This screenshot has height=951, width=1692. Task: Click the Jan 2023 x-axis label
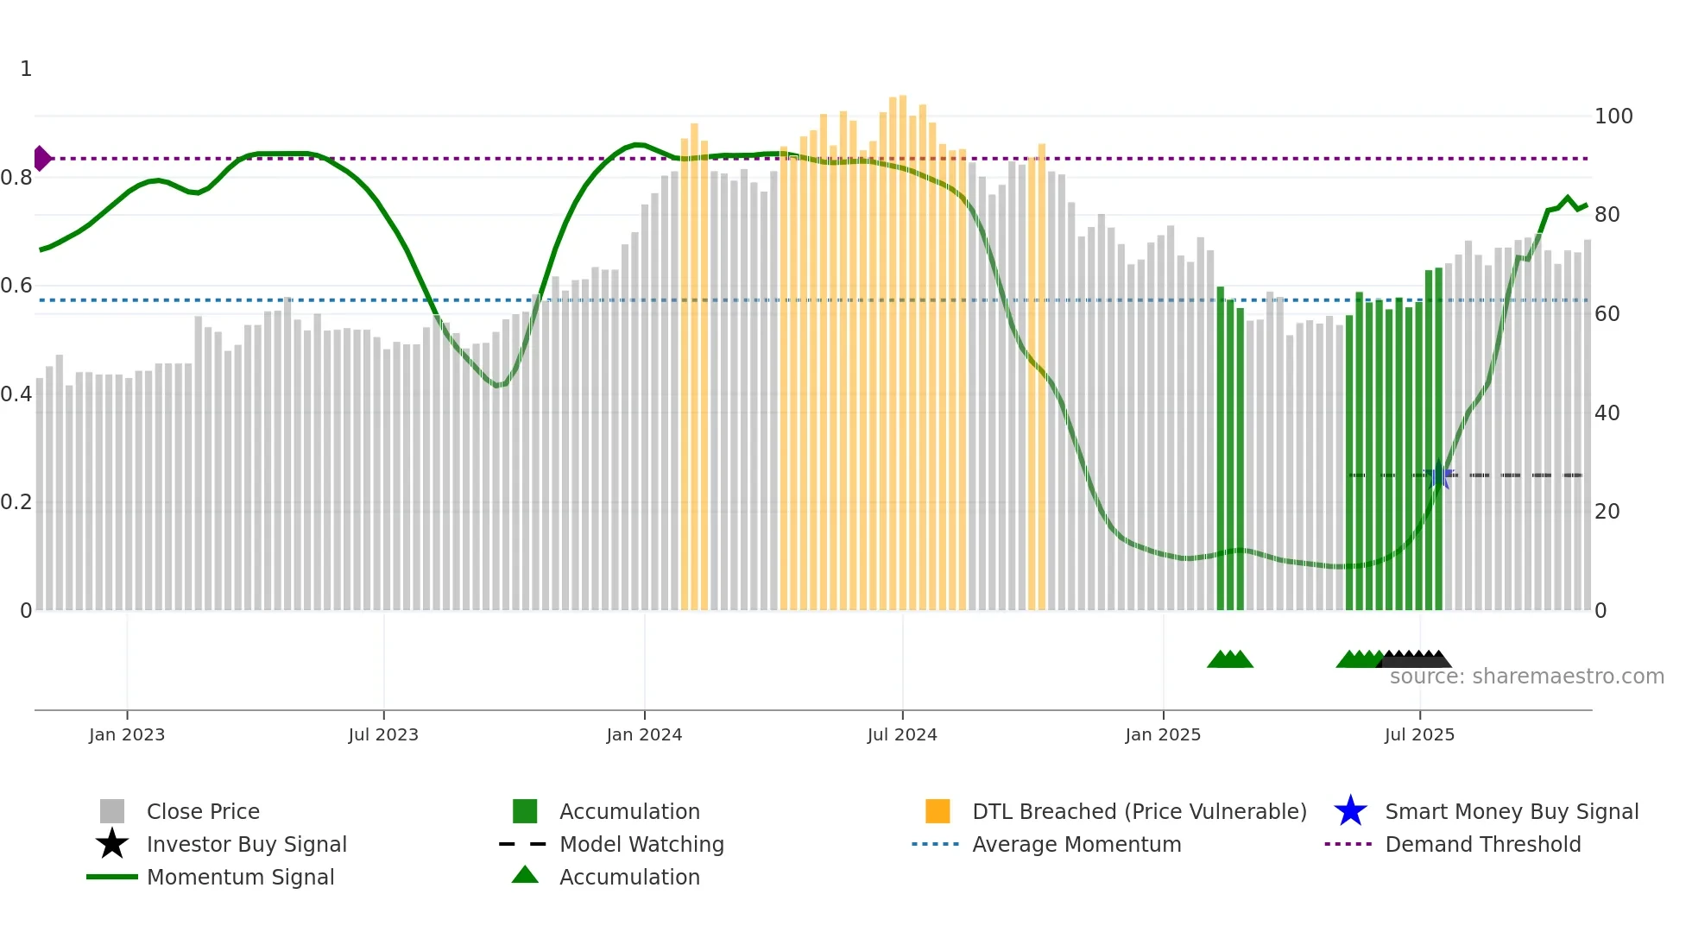(x=127, y=734)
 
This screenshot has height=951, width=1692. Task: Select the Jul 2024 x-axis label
(x=902, y=734)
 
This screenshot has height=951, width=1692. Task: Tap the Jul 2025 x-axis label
(x=1419, y=734)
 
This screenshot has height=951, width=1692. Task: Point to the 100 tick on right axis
(x=1613, y=117)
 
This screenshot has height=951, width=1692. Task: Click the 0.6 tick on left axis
(x=16, y=286)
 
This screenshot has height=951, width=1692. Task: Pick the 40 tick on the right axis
(x=1607, y=413)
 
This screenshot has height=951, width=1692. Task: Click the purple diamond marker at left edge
(x=41, y=158)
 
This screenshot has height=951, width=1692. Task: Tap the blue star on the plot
(x=1438, y=476)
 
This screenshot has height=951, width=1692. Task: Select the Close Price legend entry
(x=203, y=811)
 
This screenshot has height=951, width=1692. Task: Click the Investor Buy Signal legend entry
(x=246, y=844)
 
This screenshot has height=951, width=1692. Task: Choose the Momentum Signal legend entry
(x=240, y=877)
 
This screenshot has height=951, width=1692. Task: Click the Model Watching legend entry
(x=641, y=844)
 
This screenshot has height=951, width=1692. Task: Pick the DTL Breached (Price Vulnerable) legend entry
(x=1139, y=811)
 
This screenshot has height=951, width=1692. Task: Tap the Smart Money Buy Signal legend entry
(x=1512, y=811)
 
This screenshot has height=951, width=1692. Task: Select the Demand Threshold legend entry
(x=1482, y=844)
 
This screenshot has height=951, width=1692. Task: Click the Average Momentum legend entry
(x=1076, y=844)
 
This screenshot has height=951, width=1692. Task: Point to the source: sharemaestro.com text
(x=1526, y=677)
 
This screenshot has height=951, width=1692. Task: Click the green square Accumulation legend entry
(x=629, y=811)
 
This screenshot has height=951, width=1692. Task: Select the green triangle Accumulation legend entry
(x=629, y=877)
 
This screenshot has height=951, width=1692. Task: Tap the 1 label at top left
(x=26, y=69)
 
